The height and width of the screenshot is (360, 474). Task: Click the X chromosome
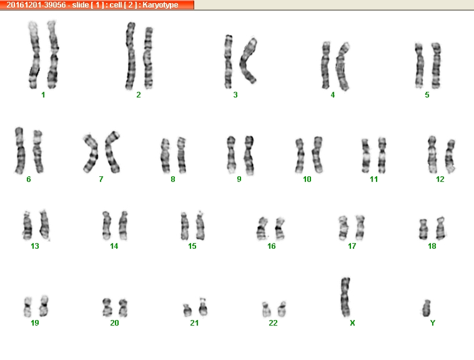click(x=345, y=297)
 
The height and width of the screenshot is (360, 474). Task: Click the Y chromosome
click(x=427, y=308)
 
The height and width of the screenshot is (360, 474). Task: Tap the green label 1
click(x=43, y=95)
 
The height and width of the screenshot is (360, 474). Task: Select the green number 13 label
click(x=35, y=246)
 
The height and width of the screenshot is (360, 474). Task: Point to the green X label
click(x=352, y=323)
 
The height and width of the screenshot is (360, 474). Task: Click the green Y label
click(x=433, y=323)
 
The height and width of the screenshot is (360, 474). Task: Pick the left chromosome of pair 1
click(x=34, y=54)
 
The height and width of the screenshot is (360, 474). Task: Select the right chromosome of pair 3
click(x=249, y=61)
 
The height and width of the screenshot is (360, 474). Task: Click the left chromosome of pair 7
click(x=91, y=153)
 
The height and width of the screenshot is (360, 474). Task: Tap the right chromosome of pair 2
click(x=148, y=58)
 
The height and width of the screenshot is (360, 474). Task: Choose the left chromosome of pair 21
click(x=187, y=311)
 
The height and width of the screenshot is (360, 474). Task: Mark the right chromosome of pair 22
click(x=282, y=309)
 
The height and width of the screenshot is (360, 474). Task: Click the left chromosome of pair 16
click(x=262, y=229)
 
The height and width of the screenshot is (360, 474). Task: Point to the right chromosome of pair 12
click(x=450, y=156)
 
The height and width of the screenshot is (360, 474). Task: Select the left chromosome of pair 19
click(x=28, y=307)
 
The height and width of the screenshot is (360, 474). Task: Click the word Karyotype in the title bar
click(x=160, y=5)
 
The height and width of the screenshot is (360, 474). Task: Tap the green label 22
click(x=273, y=323)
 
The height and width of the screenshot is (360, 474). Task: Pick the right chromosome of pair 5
click(x=436, y=66)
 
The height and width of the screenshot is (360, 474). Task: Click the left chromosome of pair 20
click(x=107, y=307)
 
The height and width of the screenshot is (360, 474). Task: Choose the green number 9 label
click(x=239, y=179)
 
